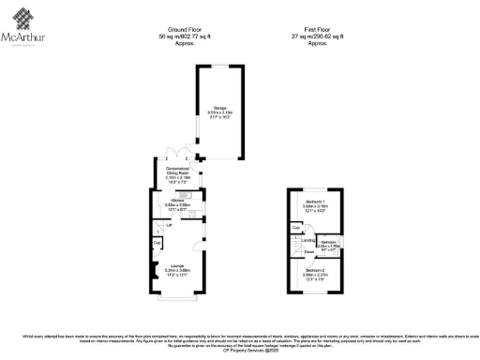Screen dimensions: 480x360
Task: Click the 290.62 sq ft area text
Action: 323,37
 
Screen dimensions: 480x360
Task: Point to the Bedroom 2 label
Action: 315,273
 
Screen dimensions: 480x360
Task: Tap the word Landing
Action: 308,239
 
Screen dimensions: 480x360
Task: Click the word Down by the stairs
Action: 307,251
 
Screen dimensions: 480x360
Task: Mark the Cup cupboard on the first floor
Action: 295,229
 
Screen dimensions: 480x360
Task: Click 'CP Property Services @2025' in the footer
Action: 240,352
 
